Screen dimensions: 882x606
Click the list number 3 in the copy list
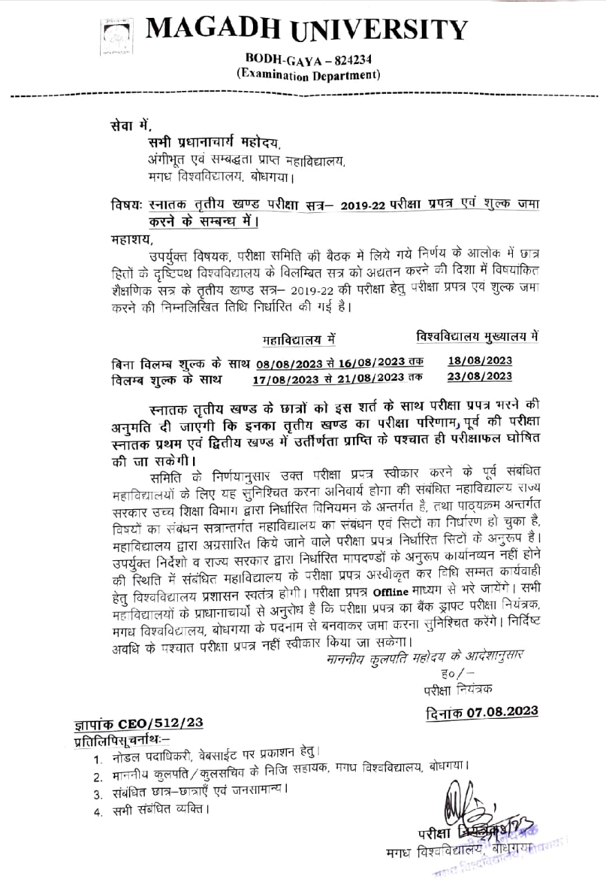(98, 794)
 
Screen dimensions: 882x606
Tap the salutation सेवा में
(129, 125)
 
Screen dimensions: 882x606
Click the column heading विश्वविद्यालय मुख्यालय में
(477, 336)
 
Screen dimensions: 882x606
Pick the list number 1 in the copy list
(99, 759)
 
